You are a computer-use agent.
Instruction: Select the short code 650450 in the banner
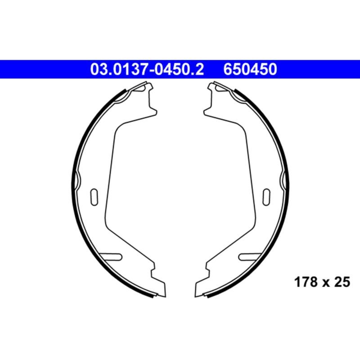250,70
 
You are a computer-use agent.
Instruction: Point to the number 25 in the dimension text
342,282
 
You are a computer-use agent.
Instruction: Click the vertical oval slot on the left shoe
94,196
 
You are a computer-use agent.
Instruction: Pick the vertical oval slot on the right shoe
266,196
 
